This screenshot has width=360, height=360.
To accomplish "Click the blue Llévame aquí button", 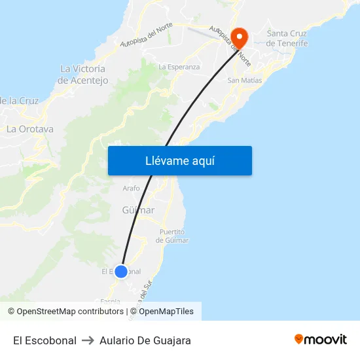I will click(180, 160).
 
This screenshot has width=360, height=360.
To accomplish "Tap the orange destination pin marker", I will click(239, 37).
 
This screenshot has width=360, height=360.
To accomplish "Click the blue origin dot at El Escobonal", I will click(121, 271).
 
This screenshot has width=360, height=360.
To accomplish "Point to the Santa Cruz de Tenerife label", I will click(287, 38).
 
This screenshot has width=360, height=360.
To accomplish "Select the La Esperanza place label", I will click(179, 67).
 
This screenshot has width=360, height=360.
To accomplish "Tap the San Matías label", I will click(244, 81).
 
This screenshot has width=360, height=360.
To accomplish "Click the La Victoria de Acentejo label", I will click(83, 74).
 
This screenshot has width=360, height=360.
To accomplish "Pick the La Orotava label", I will click(30, 129).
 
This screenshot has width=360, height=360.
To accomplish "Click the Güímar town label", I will click(138, 210).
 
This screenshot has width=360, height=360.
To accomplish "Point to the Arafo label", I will click(131, 189).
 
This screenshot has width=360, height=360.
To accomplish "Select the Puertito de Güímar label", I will click(172, 236).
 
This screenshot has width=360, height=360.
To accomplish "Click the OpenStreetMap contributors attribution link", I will click(70, 312).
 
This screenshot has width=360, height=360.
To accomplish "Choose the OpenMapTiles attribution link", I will click(166, 312).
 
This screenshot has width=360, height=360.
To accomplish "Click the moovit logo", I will click(321, 340).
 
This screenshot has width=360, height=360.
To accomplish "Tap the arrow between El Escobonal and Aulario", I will click(88, 341).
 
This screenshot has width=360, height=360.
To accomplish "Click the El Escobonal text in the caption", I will click(45, 341).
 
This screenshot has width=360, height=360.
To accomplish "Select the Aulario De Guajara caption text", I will click(145, 341).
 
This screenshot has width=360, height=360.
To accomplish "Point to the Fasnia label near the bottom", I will click(111, 300).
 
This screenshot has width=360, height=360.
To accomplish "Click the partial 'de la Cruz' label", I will click(20, 101).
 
